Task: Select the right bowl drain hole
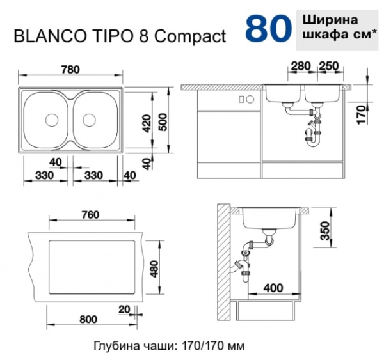[88, 119]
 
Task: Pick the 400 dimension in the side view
[273, 288]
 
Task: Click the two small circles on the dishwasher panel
[245, 99]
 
